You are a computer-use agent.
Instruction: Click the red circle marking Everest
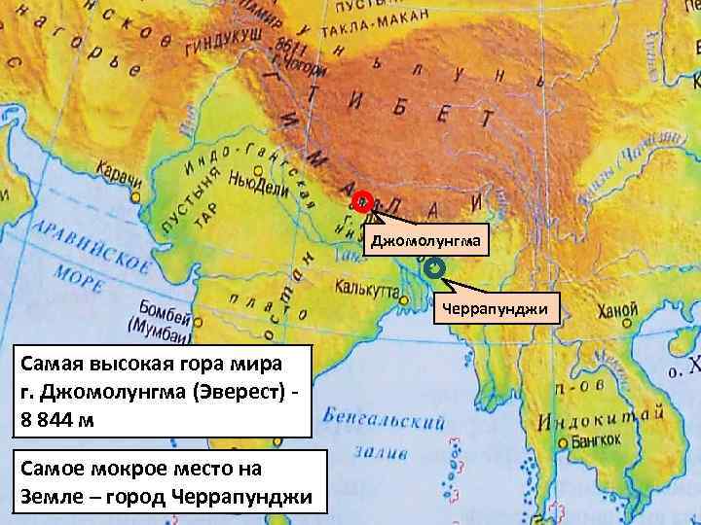362,203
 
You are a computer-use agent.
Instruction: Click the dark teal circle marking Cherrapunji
434,266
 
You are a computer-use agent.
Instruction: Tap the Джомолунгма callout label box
423,240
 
